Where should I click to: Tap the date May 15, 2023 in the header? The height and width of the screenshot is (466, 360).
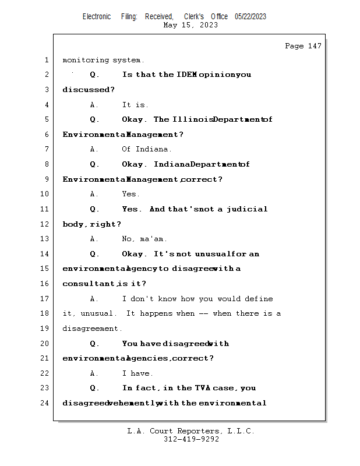click(190, 25)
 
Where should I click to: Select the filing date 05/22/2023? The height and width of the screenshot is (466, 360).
click(250, 17)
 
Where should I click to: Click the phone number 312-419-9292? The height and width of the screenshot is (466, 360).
click(191, 439)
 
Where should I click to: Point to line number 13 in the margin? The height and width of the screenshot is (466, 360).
click(46, 239)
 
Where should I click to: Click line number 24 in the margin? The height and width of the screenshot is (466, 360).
click(46, 403)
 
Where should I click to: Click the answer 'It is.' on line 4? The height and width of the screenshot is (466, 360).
click(135, 105)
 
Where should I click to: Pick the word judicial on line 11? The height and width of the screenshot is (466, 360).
click(247, 209)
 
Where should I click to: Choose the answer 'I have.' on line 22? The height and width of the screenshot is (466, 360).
click(137, 373)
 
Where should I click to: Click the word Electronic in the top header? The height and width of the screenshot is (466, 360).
click(97, 17)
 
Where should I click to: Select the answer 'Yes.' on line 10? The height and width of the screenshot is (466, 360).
click(131, 194)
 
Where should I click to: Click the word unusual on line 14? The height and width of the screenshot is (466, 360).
click(211, 254)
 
